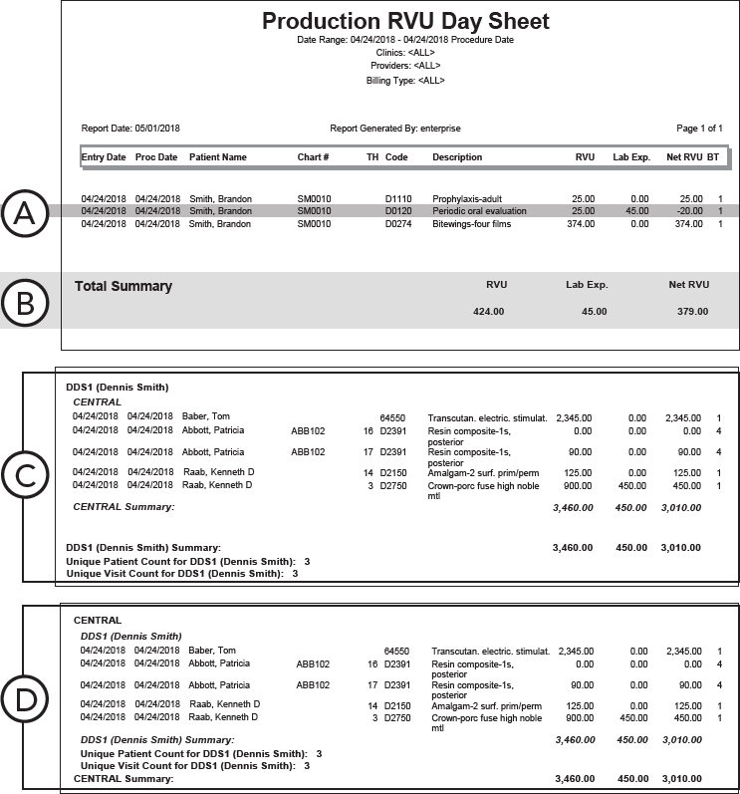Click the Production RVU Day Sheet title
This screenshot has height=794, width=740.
[x=405, y=22]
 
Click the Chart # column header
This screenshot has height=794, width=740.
[x=313, y=157]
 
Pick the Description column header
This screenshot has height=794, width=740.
[x=457, y=157]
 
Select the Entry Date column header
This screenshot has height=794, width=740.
[x=104, y=157]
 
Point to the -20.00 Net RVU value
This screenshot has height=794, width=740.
[x=688, y=211]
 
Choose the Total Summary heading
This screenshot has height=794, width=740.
[x=123, y=287]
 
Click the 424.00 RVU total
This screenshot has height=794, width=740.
[x=489, y=312]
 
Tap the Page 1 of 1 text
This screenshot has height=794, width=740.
[x=699, y=129]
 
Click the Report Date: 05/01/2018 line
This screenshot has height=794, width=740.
[x=130, y=129]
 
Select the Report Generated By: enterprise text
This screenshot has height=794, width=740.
[x=395, y=129]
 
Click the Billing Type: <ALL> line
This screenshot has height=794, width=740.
[x=405, y=80]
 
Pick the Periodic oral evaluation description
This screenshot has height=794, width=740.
[x=478, y=211]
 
